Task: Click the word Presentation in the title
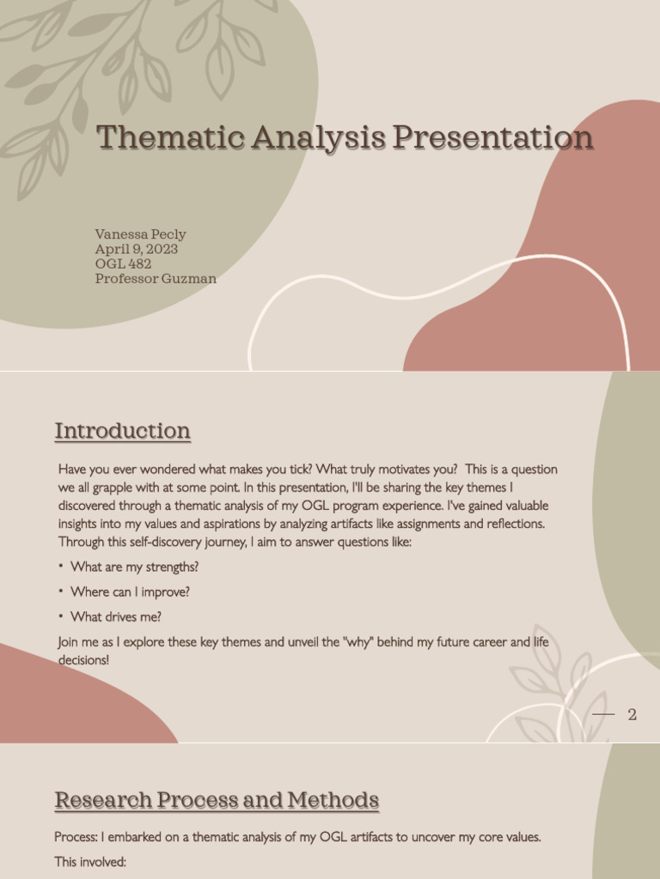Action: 492,137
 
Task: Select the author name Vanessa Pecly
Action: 140,234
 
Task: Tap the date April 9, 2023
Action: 137,249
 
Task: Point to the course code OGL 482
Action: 123,264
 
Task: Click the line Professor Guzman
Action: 156,278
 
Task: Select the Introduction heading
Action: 122,431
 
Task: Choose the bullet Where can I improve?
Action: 130,592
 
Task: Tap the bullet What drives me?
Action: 116,616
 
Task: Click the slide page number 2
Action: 632,715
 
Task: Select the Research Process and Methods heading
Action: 217,801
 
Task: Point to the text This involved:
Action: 90,861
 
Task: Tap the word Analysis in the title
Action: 298,137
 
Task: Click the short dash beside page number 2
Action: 604,714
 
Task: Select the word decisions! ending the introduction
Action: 83,660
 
